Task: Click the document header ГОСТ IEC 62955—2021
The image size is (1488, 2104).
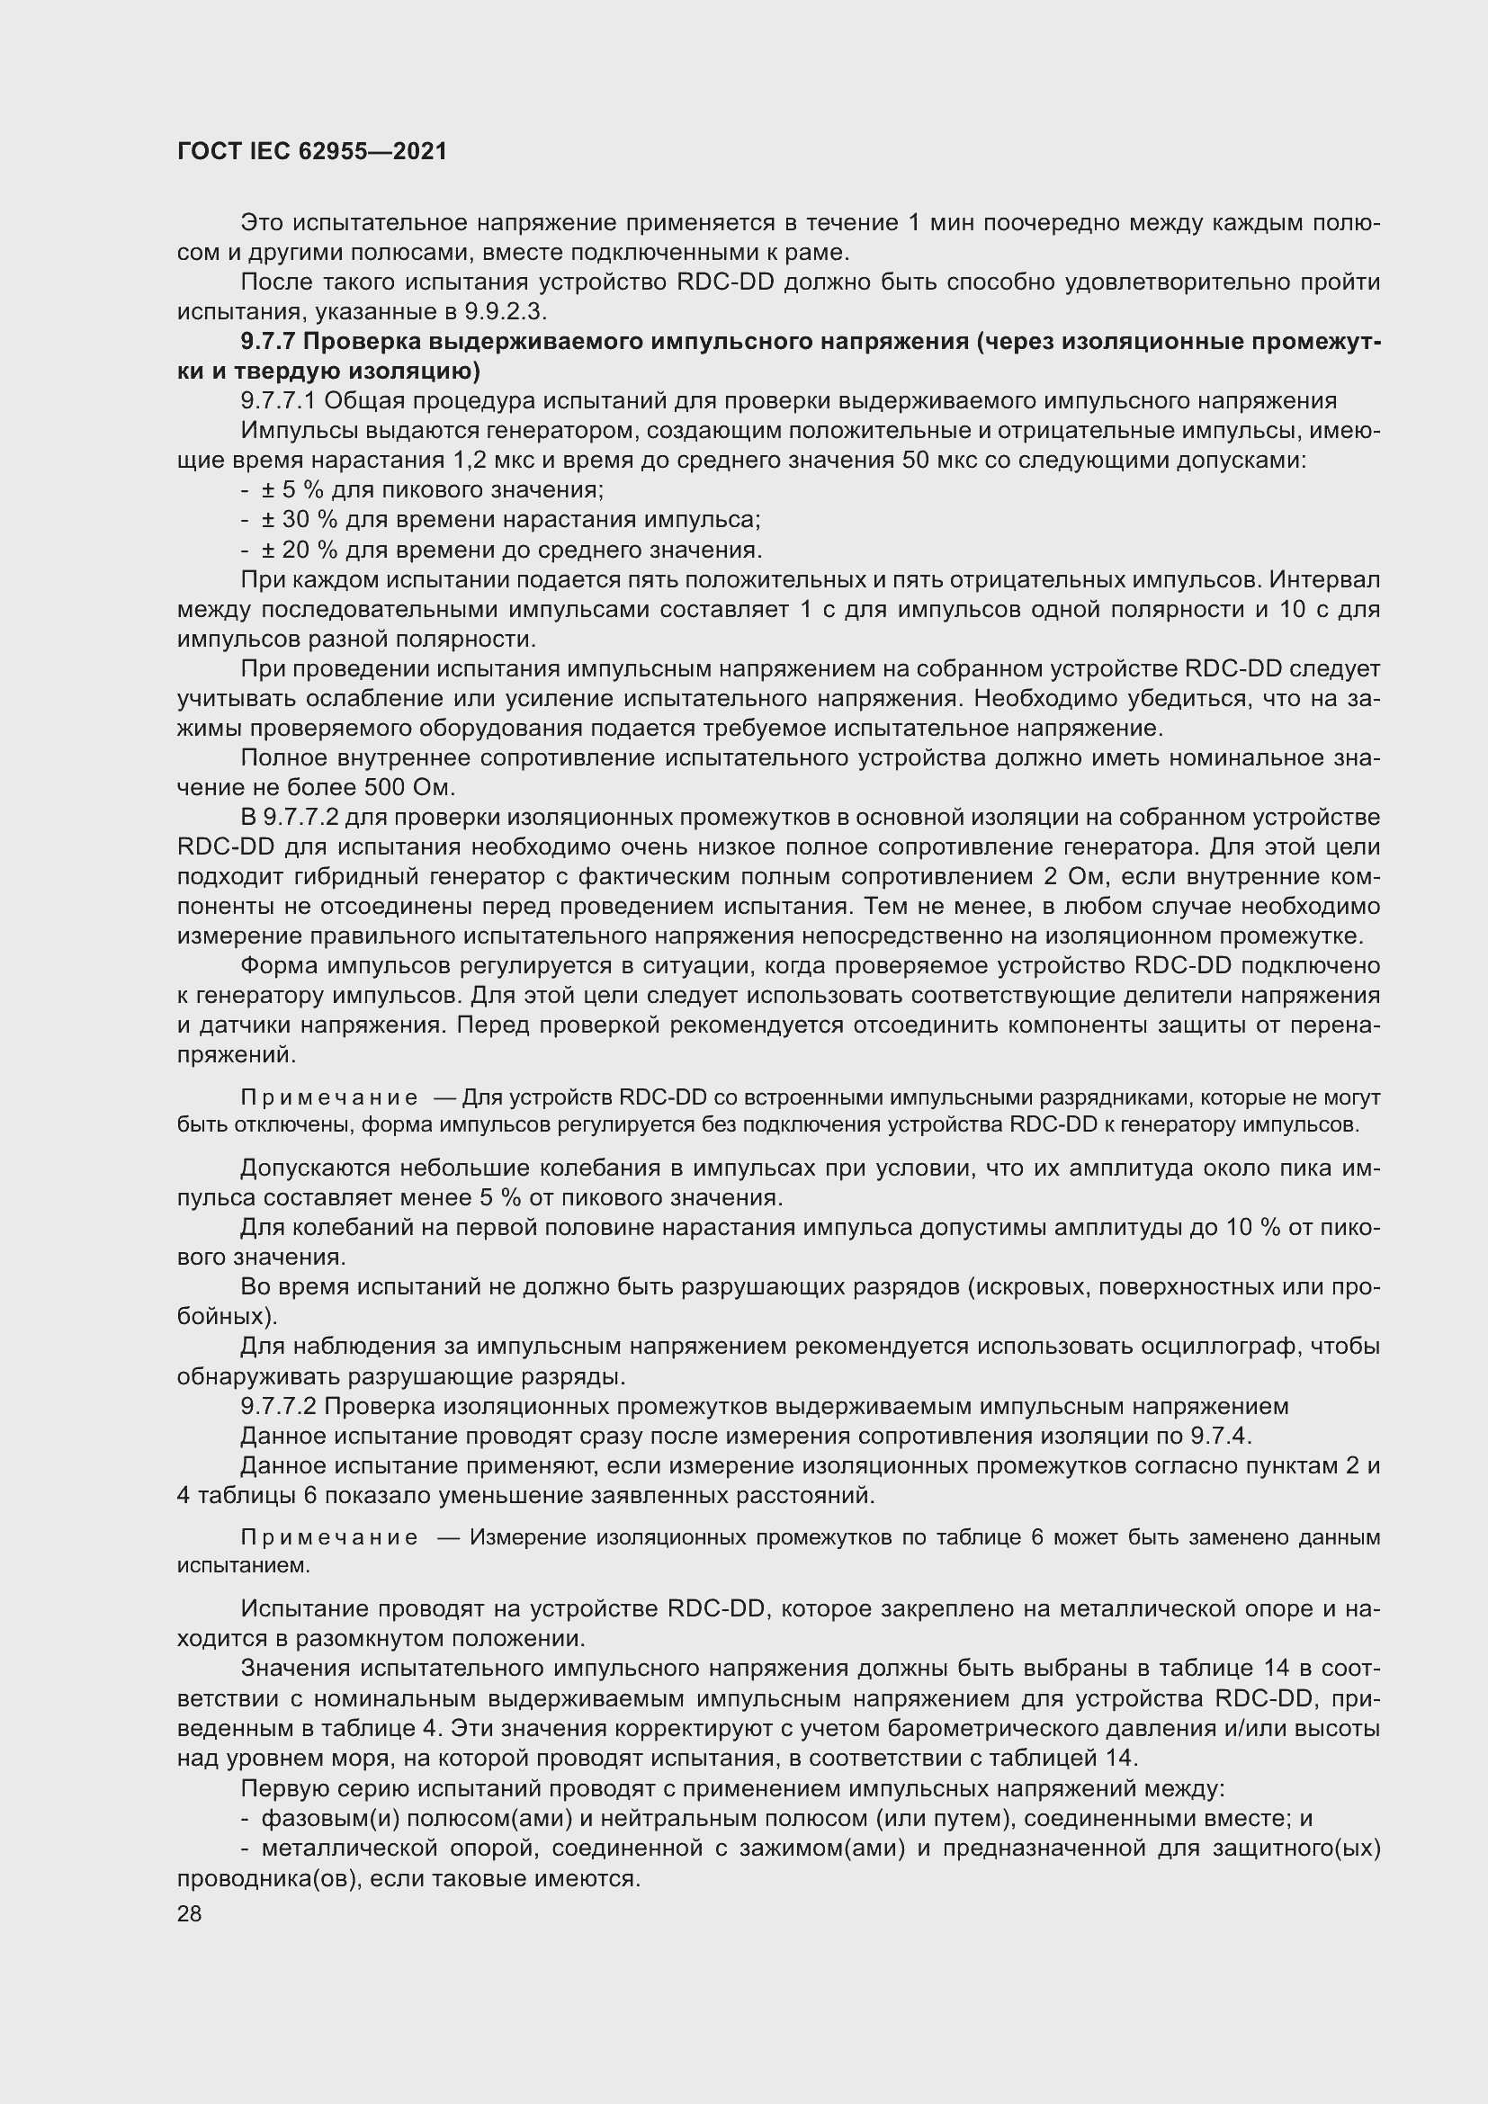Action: [311, 151]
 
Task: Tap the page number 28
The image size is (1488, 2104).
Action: [189, 1914]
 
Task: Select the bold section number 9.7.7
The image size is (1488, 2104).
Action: [267, 342]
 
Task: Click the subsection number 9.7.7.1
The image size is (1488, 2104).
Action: [279, 400]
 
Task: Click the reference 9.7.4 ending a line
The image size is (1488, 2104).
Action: [1221, 1436]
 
